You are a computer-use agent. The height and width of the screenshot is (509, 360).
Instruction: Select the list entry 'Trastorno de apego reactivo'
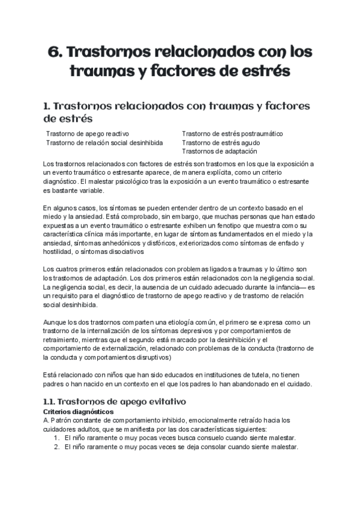pos(88,133)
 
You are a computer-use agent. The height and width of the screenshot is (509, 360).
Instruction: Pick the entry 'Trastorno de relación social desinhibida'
pos(104,143)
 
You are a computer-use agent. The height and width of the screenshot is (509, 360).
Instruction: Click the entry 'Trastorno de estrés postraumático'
pos(232,133)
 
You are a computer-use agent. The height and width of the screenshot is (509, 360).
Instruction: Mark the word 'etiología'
pos(175,322)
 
